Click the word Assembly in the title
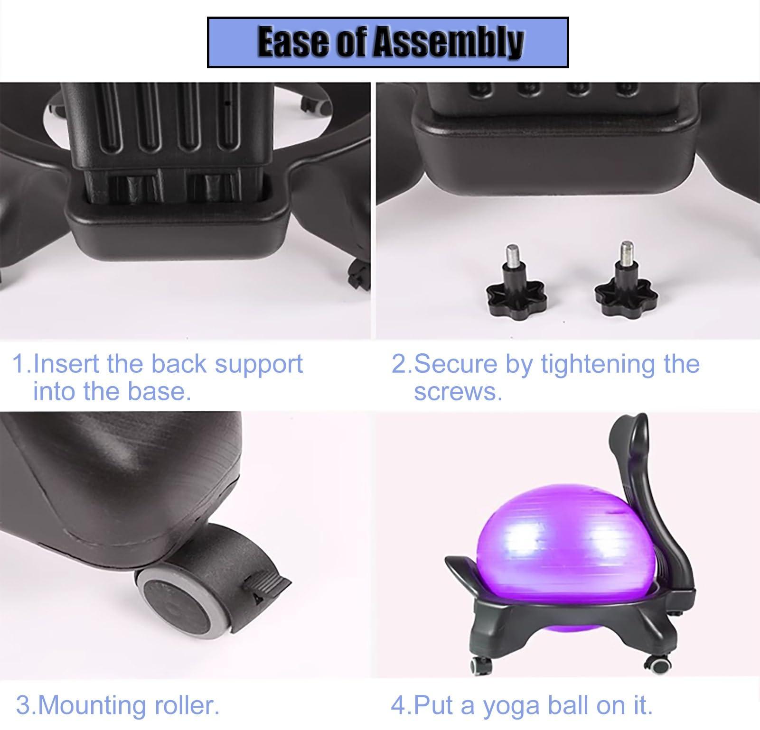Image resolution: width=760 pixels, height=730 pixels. point(448,43)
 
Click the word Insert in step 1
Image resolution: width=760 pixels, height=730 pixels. point(66,364)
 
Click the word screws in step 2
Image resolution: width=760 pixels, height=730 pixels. point(458,391)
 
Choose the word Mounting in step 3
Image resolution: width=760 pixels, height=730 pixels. point(93,705)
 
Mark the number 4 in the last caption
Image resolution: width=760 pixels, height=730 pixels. point(397,705)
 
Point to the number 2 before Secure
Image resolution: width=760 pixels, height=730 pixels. point(398,364)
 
